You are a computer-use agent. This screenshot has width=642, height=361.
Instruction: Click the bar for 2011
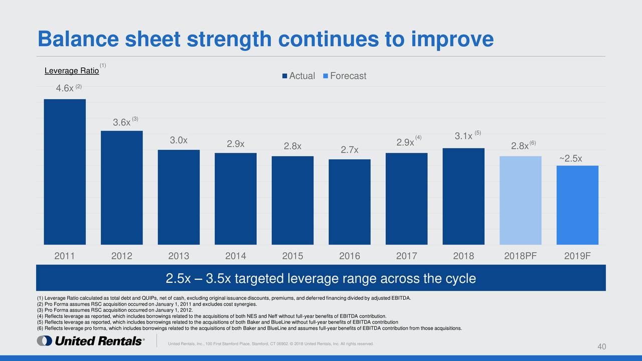65,171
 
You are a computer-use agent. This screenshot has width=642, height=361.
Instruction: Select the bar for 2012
121,188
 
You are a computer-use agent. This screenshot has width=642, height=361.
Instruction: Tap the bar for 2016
350,202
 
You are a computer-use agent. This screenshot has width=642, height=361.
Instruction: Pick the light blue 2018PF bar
521,200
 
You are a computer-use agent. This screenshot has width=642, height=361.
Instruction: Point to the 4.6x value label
65,88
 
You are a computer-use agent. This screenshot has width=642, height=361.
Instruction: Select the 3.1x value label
463,136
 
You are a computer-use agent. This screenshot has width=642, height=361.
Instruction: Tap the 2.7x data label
350,150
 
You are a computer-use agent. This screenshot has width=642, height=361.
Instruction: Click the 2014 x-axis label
235,256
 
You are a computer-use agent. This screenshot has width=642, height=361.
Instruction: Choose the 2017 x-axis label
407,256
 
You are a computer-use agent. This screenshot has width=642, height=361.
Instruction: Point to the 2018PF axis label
521,256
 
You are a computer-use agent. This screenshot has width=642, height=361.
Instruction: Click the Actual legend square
285,76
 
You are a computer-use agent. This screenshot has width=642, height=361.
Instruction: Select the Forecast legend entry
348,76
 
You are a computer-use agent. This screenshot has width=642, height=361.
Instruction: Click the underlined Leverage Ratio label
72,71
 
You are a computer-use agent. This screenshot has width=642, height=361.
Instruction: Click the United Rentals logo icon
44,341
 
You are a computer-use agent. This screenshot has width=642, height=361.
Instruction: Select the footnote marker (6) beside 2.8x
533,143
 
